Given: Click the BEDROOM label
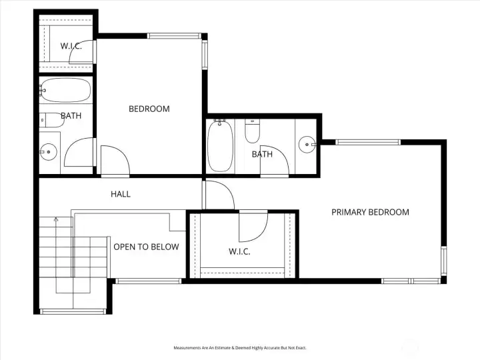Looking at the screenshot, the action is click(x=149, y=109).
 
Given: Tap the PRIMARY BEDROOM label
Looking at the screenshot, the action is click(x=370, y=212).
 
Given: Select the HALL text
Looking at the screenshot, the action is click(x=121, y=194).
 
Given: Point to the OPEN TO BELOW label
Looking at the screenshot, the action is click(x=146, y=247).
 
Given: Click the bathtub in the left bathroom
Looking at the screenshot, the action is click(x=65, y=90).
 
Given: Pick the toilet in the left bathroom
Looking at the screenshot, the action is click(x=52, y=120).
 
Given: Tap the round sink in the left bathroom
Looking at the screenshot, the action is click(x=49, y=152).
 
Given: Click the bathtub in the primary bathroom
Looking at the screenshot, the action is click(x=220, y=146).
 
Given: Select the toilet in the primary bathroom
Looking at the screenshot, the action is click(x=253, y=131).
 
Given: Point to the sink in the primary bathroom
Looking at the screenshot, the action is click(x=307, y=145).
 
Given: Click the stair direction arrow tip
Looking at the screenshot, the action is click(x=56, y=218).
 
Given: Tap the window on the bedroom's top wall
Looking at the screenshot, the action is click(x=174, y=36).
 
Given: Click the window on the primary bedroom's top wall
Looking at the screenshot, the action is click(x=368, y=142).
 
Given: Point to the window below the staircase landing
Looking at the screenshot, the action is click(x=73, y=311).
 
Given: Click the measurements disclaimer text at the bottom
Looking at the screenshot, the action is click(x=240, y=348).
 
